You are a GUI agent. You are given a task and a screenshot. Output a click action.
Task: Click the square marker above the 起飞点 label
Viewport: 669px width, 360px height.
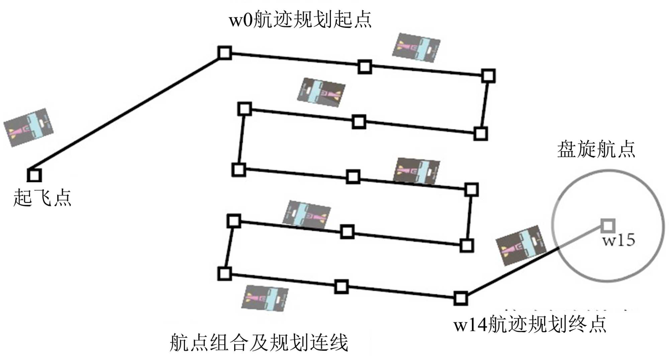coord(34,175)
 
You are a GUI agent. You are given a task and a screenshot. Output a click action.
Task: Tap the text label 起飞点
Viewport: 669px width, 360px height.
coord(42,197)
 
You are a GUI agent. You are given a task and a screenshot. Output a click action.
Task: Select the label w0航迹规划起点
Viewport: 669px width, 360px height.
coord(300,19)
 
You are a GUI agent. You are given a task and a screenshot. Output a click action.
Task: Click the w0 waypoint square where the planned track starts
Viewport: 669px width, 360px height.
coord(225,53)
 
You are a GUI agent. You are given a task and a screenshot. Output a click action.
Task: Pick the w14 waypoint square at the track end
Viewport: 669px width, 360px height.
coord(461,298)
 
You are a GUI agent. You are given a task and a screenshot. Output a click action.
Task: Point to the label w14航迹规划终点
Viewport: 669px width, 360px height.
coord(530,324)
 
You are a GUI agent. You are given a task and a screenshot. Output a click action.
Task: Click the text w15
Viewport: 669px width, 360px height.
coord(618,240)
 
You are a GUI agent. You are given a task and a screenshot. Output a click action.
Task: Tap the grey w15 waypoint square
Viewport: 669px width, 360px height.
coord(608,226)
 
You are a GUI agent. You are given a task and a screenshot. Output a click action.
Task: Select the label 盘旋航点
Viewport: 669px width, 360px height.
coord(596,149)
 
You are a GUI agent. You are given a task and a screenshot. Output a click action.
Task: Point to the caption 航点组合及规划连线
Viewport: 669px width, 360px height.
coord(259,342)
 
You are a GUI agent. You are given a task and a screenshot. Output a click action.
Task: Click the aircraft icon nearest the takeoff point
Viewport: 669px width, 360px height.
coord(28,127)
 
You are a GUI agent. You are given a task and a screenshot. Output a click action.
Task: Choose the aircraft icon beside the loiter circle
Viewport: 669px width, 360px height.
coord(520,245)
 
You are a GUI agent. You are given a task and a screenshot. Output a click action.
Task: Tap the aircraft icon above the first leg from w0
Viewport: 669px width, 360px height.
coord(416,48)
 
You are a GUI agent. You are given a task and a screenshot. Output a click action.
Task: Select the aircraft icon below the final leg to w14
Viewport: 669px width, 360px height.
coord(265,298)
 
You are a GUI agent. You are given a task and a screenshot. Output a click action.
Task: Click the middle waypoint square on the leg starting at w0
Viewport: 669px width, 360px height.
coord(365,67)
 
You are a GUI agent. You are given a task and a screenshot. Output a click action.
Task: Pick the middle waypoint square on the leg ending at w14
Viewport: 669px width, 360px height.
coord(341,287)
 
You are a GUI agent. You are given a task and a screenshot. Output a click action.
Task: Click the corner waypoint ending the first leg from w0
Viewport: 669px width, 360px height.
coord(488,76)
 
